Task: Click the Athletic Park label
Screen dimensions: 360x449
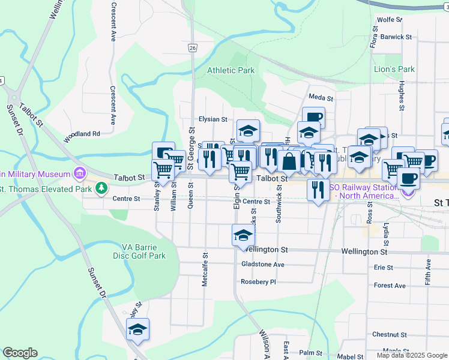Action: pos(231,70)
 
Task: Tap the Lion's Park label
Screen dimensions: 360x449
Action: pos(394,69)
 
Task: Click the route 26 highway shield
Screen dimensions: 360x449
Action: pos(192,47)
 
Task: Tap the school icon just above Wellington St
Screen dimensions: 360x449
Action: pos(243,235)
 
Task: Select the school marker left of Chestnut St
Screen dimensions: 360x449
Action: pos(137,329)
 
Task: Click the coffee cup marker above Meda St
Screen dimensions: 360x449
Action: pos(313,116)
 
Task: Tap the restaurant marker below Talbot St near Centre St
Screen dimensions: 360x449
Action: pos(318,189)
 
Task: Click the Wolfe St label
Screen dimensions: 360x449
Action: pos(390,20)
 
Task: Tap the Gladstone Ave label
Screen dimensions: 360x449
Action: pos(262,264)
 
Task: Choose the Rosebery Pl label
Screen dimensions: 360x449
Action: pos(258,281)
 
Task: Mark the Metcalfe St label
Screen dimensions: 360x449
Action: pos(205,269)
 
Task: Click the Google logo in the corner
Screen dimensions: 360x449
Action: pos(20,353)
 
